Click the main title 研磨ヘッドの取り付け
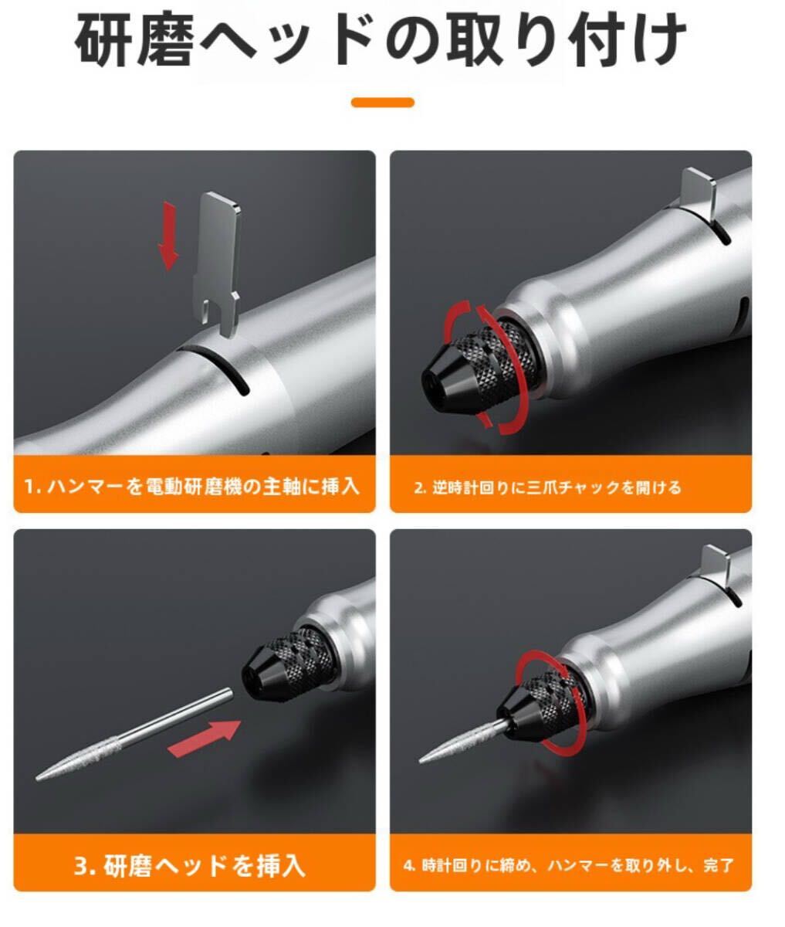coord(381,40)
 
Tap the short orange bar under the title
coord(382,102)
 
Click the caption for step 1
coord(193,487)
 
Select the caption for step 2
coord(548,487)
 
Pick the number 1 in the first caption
coord(29,487)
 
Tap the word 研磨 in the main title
coord(134,40)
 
